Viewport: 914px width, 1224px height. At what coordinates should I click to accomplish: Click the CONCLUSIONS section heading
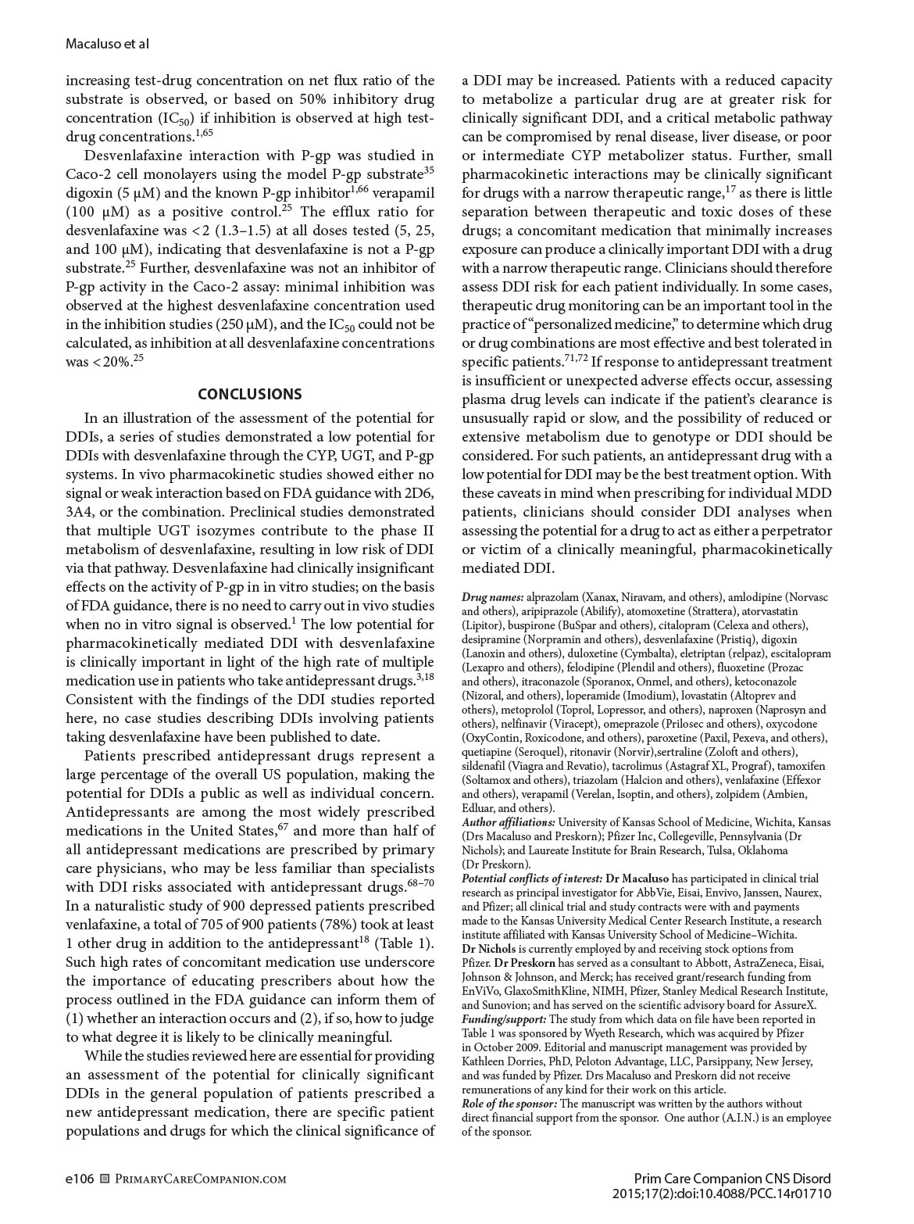click(249, 394)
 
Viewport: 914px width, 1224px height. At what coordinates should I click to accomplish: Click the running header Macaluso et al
click(107, 45)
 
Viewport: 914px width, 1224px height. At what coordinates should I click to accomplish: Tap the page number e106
click(80, 1179)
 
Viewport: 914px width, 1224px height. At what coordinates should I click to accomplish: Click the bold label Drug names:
click(493, 597)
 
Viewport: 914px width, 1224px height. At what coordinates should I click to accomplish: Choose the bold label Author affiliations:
click(509, 822)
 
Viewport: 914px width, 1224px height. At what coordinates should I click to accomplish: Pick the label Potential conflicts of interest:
click(532, 879)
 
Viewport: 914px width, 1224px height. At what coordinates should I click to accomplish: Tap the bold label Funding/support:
click(505, 1019)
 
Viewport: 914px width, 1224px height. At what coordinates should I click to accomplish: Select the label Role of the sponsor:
click(509, 1104)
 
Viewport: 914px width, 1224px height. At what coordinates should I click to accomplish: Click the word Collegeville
click(685, 836)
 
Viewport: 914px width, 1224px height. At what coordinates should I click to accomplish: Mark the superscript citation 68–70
click(422, 883)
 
